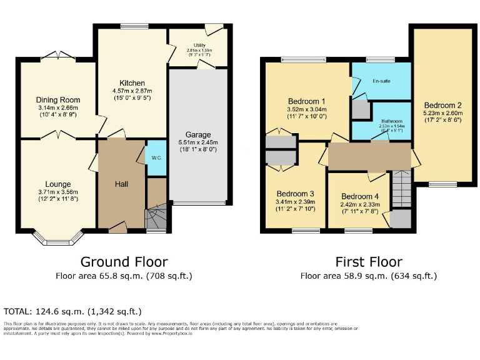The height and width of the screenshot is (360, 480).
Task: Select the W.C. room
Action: point(156,157)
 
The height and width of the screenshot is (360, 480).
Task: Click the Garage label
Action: point(197,134)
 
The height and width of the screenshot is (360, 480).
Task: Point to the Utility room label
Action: point(199,45)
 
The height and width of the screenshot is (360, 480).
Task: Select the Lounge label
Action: point(57,184)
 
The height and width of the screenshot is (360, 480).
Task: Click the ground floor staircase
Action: point(156,219)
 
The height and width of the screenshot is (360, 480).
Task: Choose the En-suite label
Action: point(381,81)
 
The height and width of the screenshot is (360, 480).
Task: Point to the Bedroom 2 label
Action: point(442,105)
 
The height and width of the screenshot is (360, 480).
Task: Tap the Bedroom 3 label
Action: point(296,193)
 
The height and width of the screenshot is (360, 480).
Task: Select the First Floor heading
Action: point(368,261)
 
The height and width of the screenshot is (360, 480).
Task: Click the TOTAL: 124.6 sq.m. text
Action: point(72,311)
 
